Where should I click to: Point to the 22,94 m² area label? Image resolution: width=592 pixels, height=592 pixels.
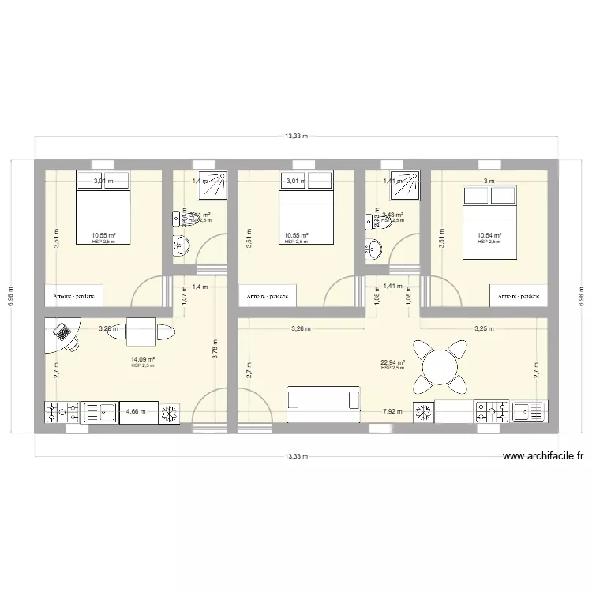392,363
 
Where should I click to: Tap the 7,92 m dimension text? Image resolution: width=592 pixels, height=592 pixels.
392,411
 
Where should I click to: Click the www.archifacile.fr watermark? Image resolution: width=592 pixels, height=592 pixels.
542,455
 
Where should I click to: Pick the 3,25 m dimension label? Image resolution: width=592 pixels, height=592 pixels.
483,328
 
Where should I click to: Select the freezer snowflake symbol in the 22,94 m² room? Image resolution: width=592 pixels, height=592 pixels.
425,410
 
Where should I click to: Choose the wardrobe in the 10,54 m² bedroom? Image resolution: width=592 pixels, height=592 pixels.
518,296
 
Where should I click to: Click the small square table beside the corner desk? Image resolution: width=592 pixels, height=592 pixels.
141,332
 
